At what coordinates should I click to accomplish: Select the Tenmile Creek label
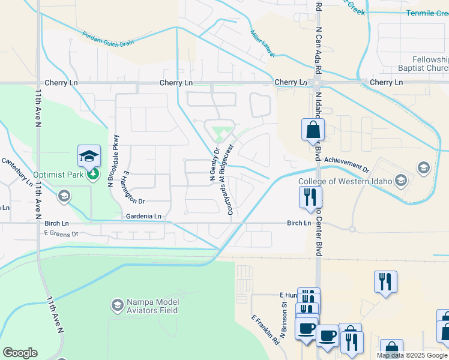pyautogui.click(x=427, y=13)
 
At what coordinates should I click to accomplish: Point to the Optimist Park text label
pyautogui.click(x=56, y=175)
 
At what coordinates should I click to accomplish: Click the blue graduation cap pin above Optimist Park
pyautogui.click(x=89, y=157)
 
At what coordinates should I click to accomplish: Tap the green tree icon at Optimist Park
pyautogui.click(x=93, y=174)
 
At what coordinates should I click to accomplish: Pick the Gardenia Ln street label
pyautogui.click(x=143, y=216)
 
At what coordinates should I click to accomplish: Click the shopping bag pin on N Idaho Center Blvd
pyautogui.click(x=313, y=130)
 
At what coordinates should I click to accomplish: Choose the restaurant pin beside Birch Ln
pyautogui.click(x=310, y=197)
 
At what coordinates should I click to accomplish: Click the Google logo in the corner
pyautogui.click(x=20, y=352)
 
